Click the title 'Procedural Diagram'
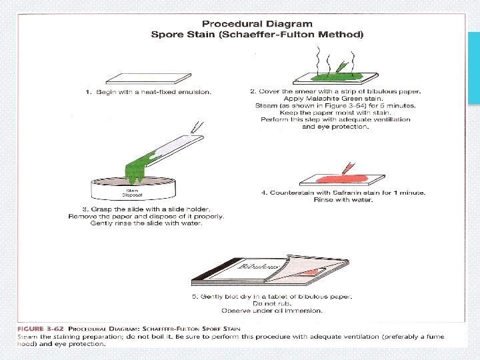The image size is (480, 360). point(257,24)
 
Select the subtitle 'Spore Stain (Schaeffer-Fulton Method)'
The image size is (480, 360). point(257,34)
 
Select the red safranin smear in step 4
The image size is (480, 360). point(340,179)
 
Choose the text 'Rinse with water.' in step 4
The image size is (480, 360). point(343,200)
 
